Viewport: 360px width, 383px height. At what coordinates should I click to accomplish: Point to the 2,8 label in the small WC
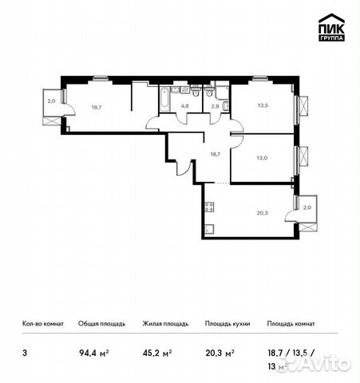click(215, 105)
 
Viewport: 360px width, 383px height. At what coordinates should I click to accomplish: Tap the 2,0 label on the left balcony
click(50, 101)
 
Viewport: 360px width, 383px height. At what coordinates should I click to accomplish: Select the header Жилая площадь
click(165, 325)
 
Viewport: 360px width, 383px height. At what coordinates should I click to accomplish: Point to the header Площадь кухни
click(226, 325)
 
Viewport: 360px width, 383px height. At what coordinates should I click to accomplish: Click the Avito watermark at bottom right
click(323, 365)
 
